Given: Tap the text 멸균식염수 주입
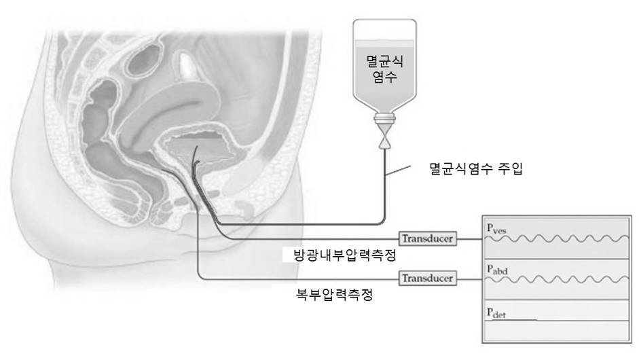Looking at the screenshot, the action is click(477, 166).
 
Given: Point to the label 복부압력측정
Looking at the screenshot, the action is click(331, 295).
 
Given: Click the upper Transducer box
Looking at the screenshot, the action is click(427, 238).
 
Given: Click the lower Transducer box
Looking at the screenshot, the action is click(427, 278).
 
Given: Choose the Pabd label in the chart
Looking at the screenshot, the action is click(495, 270).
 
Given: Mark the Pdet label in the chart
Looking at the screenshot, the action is click(495, 312).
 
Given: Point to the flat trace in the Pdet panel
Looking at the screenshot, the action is click(516, 319).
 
